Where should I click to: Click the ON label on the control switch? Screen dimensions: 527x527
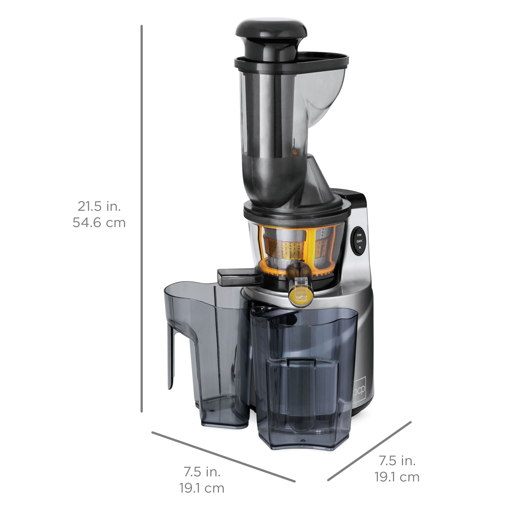359,235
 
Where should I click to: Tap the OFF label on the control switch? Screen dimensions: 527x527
359,241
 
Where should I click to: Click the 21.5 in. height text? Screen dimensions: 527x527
99,206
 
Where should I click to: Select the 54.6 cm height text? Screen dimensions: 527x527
99,223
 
